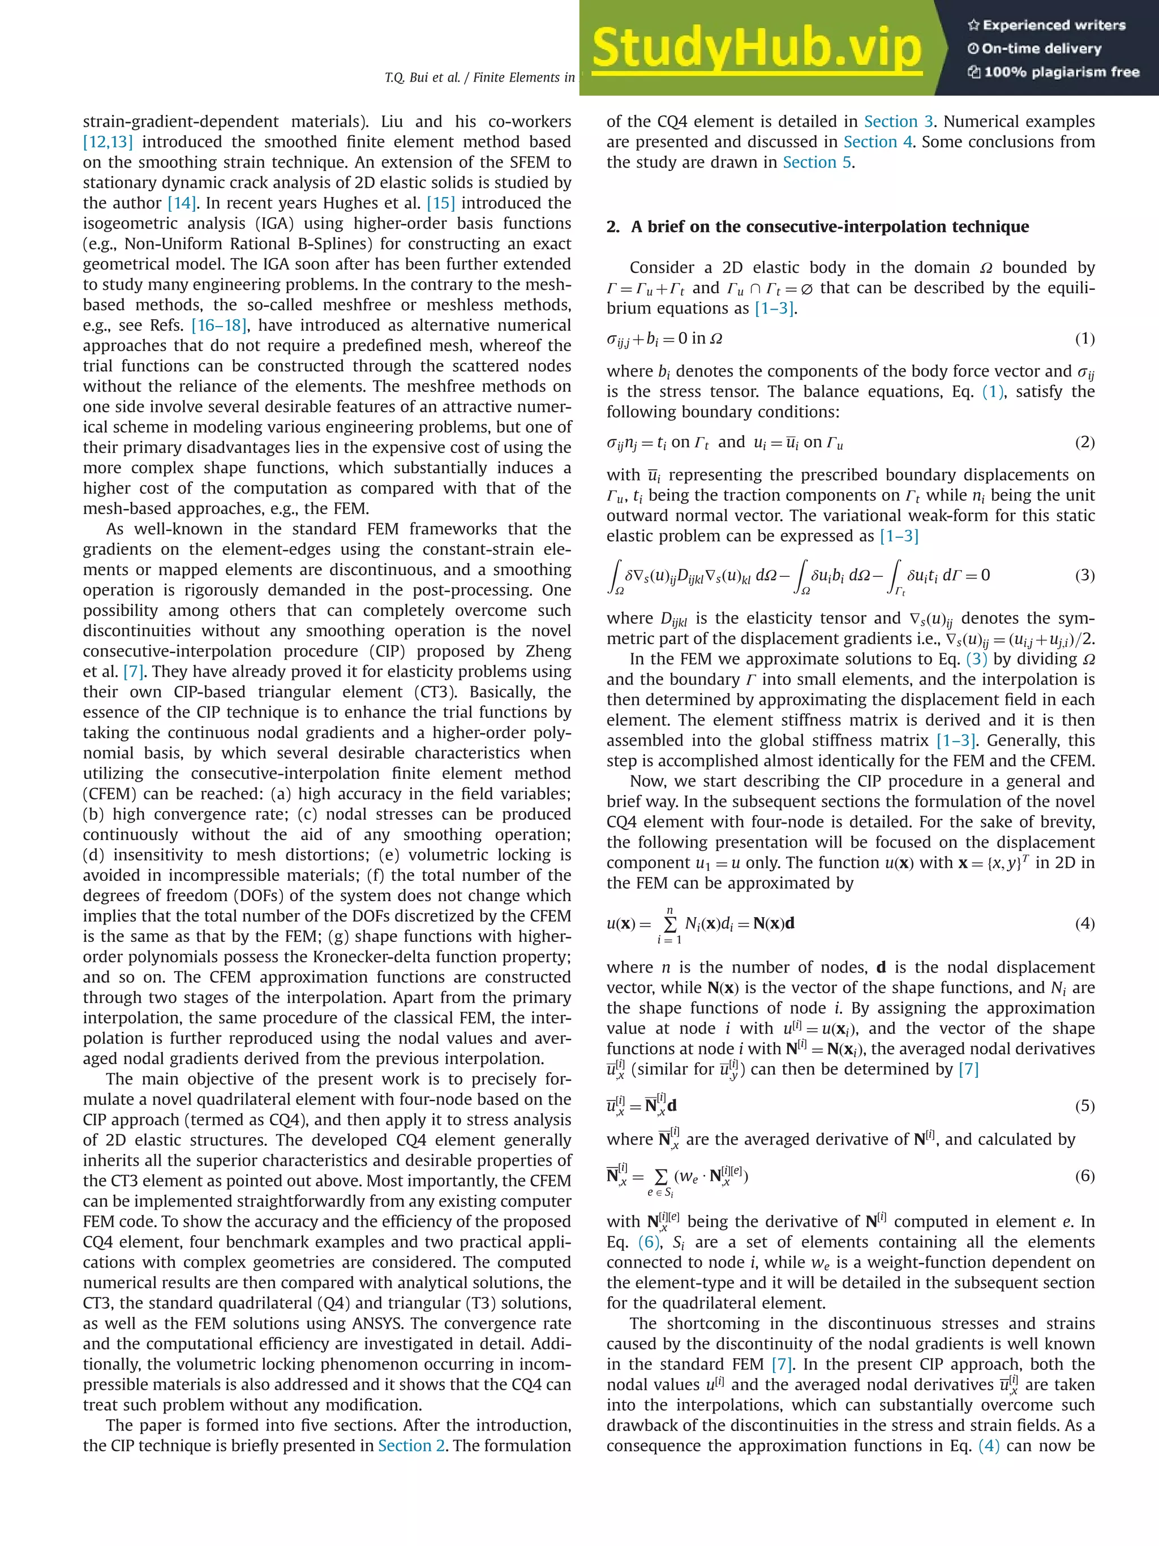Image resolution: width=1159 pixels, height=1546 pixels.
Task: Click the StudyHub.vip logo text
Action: coord(757,48)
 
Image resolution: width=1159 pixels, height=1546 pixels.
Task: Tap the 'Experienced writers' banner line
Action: coord(1046,25)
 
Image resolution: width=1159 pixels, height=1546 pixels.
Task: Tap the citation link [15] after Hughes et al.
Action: coord(441,203)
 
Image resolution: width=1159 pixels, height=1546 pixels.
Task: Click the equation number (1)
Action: coord(1084,339)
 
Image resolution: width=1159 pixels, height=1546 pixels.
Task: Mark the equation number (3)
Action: coord(1084,575)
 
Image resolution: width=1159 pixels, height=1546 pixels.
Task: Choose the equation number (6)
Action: coord(1084,1176)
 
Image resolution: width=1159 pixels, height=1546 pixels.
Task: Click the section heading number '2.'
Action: coord(613,227)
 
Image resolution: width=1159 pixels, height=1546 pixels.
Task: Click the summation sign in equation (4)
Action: coord(669,924)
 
